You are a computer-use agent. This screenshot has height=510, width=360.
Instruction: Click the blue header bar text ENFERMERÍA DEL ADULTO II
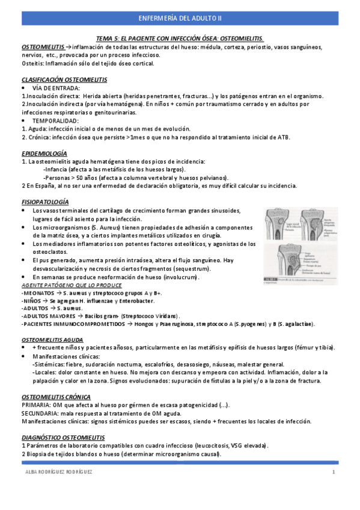pyautogui.click(x=180, y=18)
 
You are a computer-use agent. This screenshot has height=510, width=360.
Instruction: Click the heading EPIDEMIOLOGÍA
pyautogui.click(x=44, y=153)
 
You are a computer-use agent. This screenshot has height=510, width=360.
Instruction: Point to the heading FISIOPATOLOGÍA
pyautogui.click(x=45, y=201)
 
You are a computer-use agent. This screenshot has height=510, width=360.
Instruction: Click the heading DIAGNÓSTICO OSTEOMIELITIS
pyautogui.click(x=63, y=437)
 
